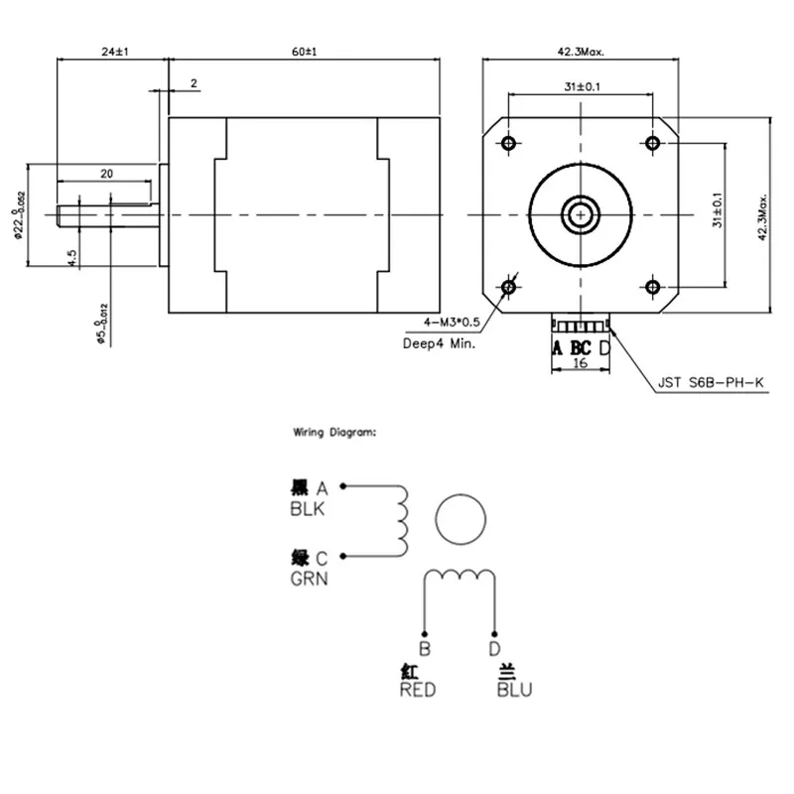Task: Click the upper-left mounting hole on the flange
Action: click(x=509, y=144)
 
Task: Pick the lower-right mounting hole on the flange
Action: click(x=652, y=287)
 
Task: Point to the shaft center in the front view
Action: click(x=581, y=214)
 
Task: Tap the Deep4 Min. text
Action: click(x=439, y=344)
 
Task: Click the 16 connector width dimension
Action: click(x=581, y=363)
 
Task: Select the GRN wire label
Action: click(x=308, y=577)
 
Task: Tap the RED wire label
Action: click(x=418, y=690)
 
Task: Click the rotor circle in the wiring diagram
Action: click(x=462, y=519)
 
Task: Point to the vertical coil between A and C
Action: click(x=402, y=521)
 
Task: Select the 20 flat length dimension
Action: click(x=106, y=173)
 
